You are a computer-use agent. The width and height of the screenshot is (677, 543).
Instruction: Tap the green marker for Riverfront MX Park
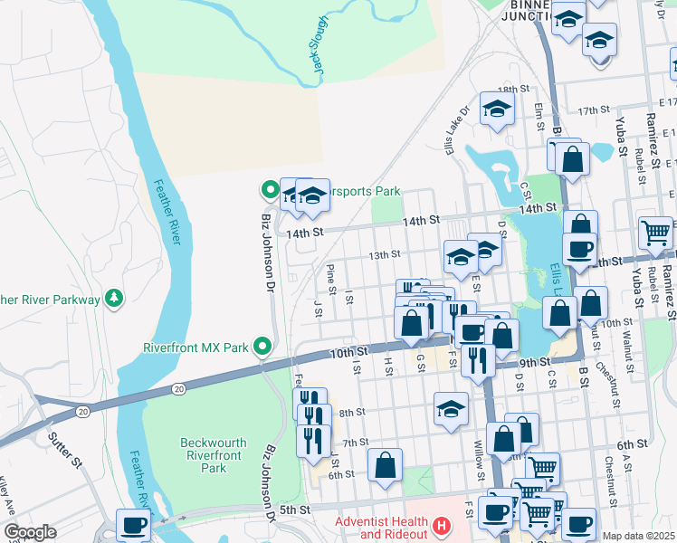click(262, 346)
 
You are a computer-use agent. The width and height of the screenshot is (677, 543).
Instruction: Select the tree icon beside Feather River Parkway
click(113, 298)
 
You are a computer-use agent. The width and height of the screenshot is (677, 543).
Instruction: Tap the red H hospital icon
click(441, 525)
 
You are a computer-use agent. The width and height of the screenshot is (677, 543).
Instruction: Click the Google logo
click(29, 532)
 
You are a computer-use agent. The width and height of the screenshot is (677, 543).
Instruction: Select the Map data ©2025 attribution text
click(638, 536)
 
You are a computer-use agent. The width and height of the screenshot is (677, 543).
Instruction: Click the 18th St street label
click(512, 90)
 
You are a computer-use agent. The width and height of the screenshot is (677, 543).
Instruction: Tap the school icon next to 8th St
click(451, 407)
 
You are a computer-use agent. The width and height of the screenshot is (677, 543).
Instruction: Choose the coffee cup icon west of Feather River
click(133, 524)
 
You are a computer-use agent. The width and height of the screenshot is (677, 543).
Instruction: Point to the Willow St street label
click(479, 461)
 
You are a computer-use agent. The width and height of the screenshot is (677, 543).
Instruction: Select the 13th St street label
click(384, 255)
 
